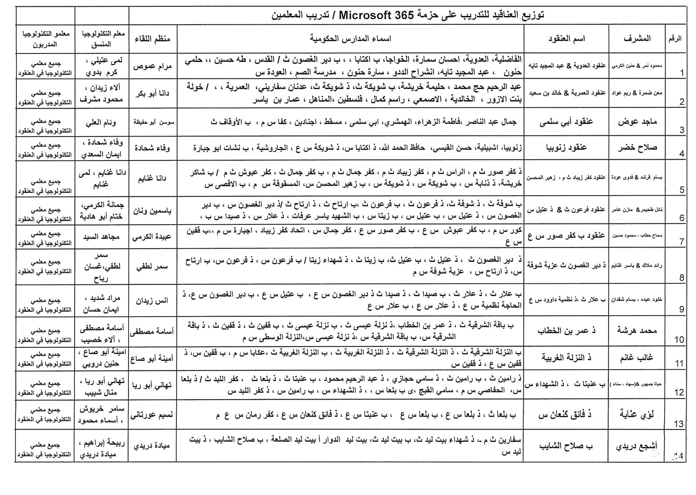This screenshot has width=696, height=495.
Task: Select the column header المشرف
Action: [637, 38]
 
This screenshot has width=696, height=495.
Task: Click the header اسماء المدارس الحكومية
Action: [350, 38]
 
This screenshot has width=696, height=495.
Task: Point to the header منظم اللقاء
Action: [152, 38]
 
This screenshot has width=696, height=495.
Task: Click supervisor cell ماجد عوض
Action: [637, 122]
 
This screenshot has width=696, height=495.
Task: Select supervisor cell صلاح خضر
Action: [637, 147]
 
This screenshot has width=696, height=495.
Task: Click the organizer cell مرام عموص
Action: [153, 66]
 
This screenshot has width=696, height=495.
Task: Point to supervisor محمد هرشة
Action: [637, 331]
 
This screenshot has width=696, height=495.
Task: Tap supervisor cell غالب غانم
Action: [637, 358]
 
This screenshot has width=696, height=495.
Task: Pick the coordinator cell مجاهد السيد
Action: [101, 237]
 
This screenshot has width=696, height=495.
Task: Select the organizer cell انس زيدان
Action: [153, 300]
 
